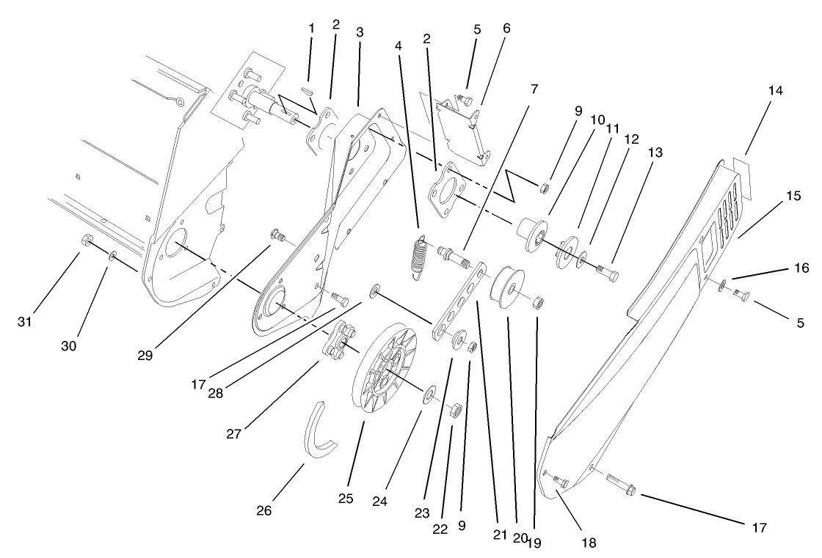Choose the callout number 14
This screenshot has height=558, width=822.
[776, 91]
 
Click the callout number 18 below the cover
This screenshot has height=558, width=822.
[588, 543]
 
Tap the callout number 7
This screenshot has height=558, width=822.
[534, 89]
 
